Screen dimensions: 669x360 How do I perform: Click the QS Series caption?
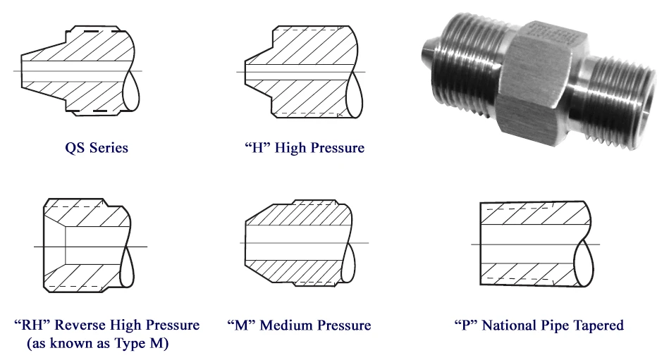coord(97,147)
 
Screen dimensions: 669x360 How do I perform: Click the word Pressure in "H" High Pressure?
coord(338,147)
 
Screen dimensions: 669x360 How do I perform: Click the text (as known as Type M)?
coord(98,343)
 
